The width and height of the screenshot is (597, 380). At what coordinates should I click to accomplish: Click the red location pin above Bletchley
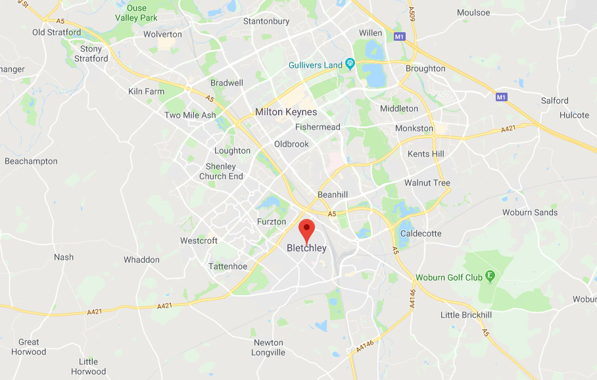click(x=306, y=230)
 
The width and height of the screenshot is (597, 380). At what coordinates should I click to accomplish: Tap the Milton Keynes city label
click(x=286, y=112)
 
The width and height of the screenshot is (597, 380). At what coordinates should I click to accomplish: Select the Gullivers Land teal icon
click(x=350, y=64)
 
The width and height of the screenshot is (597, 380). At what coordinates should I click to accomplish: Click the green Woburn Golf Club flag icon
click(x=489, y=277)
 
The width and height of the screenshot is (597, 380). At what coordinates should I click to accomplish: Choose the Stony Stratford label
click(x=91, y=53)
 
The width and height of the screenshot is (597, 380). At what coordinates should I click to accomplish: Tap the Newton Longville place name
click(x=268, y=347)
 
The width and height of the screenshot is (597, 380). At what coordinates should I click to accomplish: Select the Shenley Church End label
click(x=221, y=171)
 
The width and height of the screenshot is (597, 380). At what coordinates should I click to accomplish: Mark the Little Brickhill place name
click(x=466, y=315)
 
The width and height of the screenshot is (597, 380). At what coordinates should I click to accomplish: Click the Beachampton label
click(x=31, y=161)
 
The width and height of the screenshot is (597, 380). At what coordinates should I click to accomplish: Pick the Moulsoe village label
click(x=473, y=12)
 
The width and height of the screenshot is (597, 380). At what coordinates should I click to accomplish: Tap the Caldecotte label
click(x=421, y=233)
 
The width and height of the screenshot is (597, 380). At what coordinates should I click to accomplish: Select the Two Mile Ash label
click(x=190, y=115)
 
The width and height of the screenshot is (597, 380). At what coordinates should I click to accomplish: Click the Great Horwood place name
click(x=29, y=346)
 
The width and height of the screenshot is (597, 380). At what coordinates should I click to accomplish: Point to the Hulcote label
click(x=574, y=115)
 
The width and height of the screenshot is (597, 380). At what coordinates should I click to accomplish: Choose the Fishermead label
click(x=318, y=127)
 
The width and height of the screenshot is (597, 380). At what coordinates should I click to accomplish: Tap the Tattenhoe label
click(x=227, y=266)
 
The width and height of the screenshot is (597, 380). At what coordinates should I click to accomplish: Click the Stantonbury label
click(x=266, y=21)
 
